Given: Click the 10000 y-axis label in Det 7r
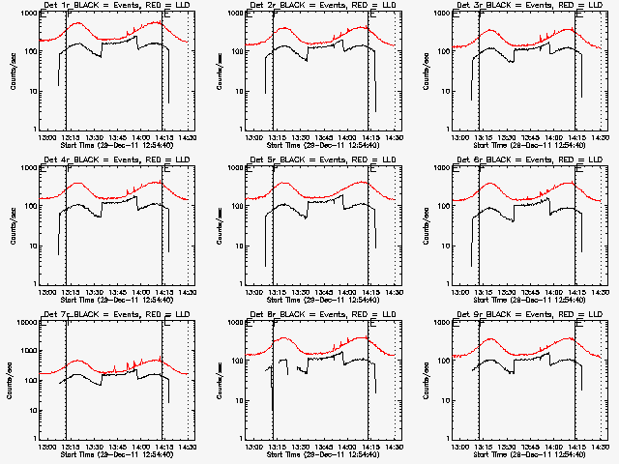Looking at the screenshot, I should tap(22, 321).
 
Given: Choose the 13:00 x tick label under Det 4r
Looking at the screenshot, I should tap(45, 292).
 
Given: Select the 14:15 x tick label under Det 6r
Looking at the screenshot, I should tap(576, 292).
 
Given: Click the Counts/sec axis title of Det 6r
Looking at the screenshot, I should tap(423, 224).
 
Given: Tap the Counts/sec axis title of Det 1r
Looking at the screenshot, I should tap(11, 70).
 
